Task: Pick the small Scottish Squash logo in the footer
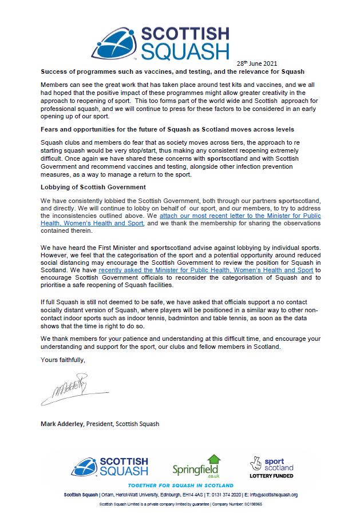click(110, 467)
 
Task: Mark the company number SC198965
click(255, 504)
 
